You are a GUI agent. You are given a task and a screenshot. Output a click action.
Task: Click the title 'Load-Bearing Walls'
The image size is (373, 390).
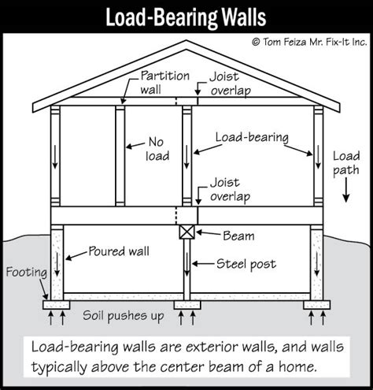(186, 17)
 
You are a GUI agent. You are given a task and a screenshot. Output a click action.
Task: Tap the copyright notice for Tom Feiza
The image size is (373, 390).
(309, 42)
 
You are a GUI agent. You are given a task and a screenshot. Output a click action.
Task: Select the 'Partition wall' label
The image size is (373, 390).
(164, 83)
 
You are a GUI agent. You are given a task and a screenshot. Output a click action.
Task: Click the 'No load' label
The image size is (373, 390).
(157, 149)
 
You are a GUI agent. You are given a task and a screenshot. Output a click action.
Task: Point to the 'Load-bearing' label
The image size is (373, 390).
(252, 137)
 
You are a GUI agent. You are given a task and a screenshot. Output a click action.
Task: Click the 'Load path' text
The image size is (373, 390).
(346, 163)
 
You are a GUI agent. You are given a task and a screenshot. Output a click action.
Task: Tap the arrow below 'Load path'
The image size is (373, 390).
(346, 190)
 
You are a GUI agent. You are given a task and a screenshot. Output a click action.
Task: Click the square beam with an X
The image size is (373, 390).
(187, 232)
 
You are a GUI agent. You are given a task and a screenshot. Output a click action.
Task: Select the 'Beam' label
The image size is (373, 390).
(238, 236)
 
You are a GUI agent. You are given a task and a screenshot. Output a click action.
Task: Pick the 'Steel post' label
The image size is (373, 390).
(246, 264)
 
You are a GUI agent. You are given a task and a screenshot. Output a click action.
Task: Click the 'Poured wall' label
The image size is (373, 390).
(119, 251)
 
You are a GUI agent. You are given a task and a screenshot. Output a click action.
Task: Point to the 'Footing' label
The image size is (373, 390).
(27, 273)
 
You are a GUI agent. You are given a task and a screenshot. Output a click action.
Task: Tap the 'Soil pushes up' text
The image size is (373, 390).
(124, 316)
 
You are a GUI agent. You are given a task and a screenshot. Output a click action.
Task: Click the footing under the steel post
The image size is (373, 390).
(187, 305)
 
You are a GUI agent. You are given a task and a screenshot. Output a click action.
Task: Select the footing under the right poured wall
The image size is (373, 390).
(317, 305)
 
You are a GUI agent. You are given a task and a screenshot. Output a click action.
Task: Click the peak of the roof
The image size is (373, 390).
(186, 41)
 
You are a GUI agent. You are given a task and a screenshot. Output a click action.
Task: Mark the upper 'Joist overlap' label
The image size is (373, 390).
(230, 84)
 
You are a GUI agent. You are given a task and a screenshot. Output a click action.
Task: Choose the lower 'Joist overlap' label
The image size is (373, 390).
(230, 190)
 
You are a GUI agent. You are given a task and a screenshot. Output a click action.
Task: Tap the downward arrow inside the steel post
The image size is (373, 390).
(186, 264)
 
